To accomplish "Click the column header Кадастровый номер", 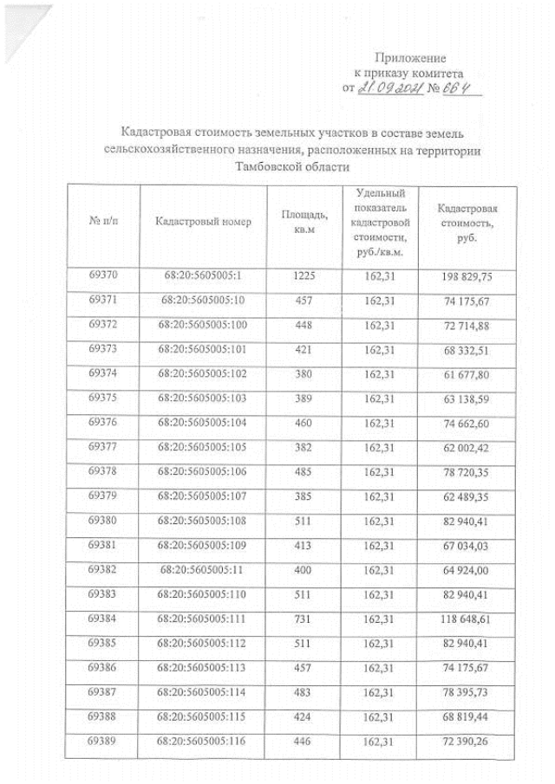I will (x=202, y=222).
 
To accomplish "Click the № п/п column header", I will (x=102, y=222).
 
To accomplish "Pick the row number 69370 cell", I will (x=102, y=277).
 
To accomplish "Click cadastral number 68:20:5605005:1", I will (x=202, y=277).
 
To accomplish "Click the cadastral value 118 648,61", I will (x=467, y=621).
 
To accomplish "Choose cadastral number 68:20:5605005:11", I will (x=202, y=572).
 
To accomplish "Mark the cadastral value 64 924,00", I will (x=467, y=573).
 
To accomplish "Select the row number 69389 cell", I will (x=102, y=743).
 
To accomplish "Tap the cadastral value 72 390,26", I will (x=467, y=744).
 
